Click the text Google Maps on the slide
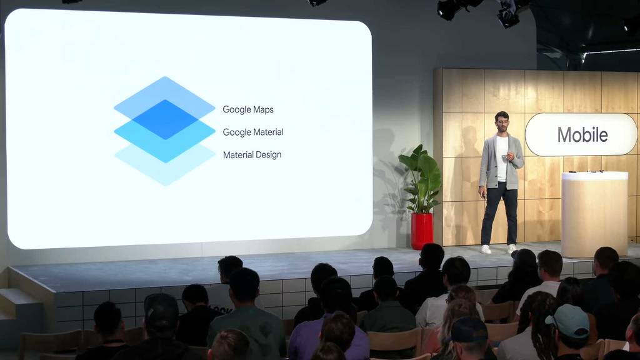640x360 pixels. pos(247,109)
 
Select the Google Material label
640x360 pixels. pos(253,132)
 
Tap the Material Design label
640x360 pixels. pos(252,155)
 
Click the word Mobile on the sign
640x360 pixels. pos(582,135)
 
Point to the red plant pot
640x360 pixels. pos(422,231)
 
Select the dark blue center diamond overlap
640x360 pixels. pos(165,119)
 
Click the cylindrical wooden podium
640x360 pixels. pos(594,214)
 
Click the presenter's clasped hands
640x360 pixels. pos(508,156)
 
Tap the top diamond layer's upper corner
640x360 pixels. pos(165,76)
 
